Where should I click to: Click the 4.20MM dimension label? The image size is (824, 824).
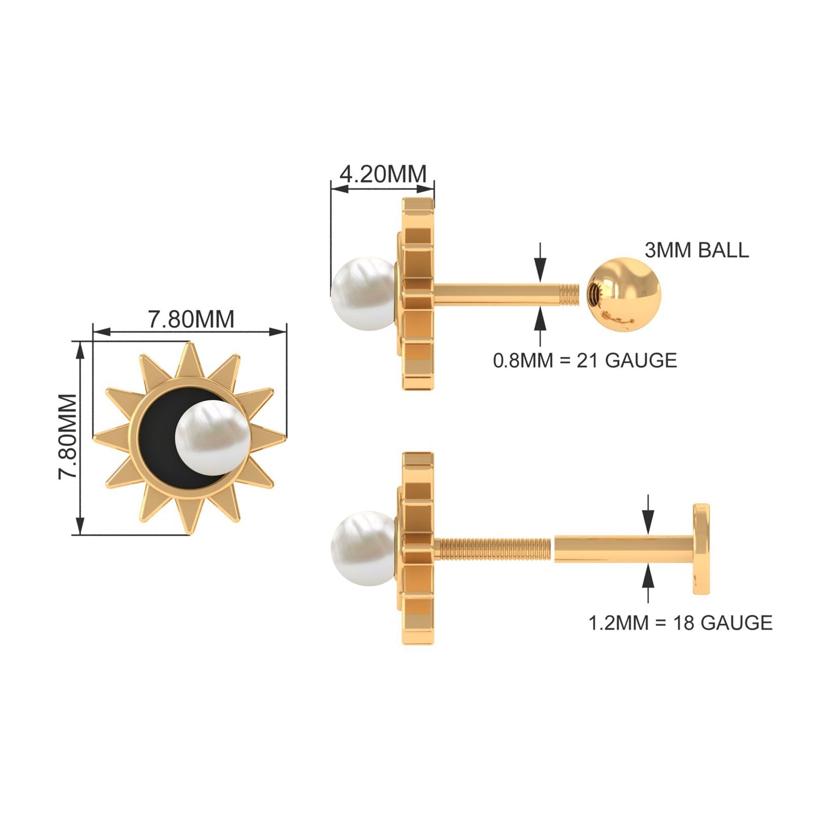383,173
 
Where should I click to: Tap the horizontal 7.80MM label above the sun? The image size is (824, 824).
191,319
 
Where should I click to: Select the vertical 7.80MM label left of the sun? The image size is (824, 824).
68,437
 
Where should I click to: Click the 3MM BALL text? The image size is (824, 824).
697,250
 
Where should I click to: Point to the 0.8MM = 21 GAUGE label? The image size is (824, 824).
585,360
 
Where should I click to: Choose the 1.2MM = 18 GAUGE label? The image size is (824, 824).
681,623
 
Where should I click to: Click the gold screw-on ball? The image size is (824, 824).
624,294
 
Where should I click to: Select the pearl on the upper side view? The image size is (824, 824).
363,294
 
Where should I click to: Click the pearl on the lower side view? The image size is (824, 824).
363,548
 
